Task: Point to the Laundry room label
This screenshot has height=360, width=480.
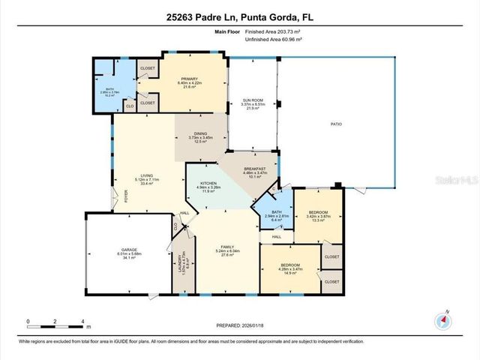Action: point(180,264)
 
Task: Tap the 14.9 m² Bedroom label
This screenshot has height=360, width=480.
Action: point(291,268)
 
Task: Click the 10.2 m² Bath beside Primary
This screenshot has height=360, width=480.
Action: point(109,93)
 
